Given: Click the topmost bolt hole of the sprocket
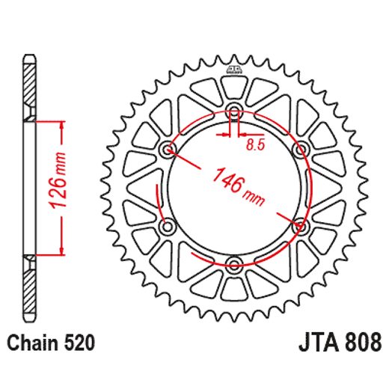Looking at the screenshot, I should coord(234,113).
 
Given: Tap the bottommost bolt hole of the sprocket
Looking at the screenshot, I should coord(234,264).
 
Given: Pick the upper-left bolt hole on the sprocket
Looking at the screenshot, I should coord(168,151).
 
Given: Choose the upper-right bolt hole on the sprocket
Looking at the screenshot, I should coord(300,151).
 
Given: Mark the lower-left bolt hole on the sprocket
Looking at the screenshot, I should coord(168,226).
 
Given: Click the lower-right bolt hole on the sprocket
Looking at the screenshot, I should coord(300,226).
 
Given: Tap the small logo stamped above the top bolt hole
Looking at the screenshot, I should coord(234,72).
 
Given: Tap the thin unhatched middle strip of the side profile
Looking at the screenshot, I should coord(30,187).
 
